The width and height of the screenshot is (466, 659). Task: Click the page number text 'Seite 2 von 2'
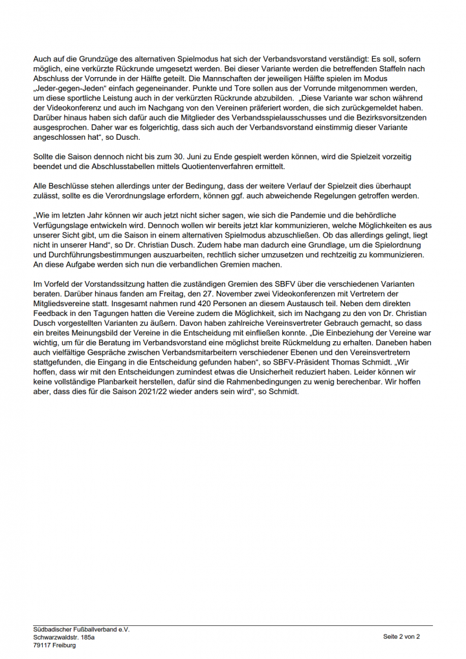(x=401, y=637)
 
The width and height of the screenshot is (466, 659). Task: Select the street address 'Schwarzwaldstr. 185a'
(x=64, y=637)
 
